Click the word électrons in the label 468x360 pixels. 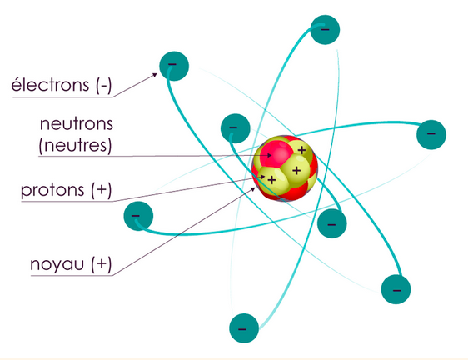click(x=50, y=84)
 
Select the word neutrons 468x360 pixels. click(x=77, y=123)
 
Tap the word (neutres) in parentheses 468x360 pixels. click(x=75, y=146)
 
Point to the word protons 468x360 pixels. click(x=52, y=191)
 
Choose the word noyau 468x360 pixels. click(x=57, y=265)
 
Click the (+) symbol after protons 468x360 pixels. click(x=102, y=190)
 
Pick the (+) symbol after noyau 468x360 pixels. click(x=102, y=264)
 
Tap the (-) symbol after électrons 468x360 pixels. click(x=104, y=85)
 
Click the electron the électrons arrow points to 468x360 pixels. click(x=174, y=66)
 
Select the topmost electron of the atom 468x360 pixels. click(x=325, y=29)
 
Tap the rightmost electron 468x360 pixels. click(x=431, y=135)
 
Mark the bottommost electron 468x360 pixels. click(x=244, y=328)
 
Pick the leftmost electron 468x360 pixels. click(x=138, y=216)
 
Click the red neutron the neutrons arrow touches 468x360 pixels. click(x=275, y=154)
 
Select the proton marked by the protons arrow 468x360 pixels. click(x=269, y=180)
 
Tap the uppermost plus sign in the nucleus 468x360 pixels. click(x=302, y=150)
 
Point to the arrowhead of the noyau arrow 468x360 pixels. click(x=253, y=189)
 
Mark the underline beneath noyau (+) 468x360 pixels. click(x=72, y=276)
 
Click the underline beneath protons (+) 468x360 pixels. click(x=67, y=202)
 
